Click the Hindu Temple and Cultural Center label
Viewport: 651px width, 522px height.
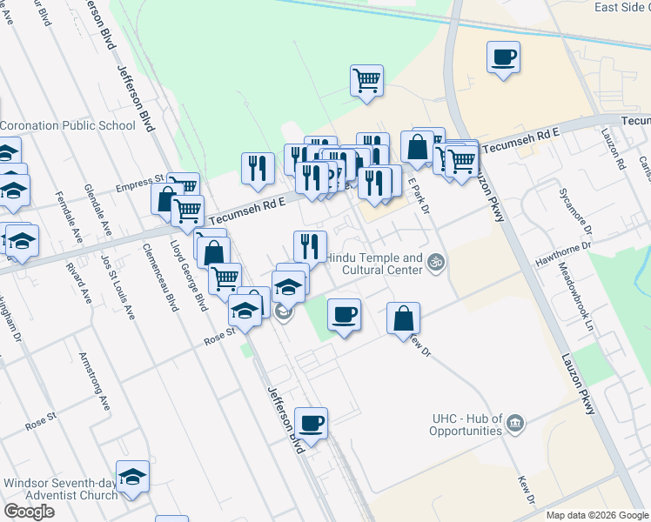pyautogui.click(x=374, y=264)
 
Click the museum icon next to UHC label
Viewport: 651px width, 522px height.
pyautogui.click(x=516, y=423)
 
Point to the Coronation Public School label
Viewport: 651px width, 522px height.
pyautogui.click(x=68, y=125)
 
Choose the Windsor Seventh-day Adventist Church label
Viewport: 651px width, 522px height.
pyautogui.click(x=60, y=489)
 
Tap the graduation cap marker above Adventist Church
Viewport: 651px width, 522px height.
pyautogui.click(x=132, y=477)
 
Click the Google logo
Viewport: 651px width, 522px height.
pyautogui.click(x=29, y=512)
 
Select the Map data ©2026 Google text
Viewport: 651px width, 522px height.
pyautogui.click(x=597, y=515)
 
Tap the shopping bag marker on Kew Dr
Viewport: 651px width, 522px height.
pyautogui.click(x=404, y=318)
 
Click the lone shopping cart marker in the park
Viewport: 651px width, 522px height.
pyautogui.click(x=367, y=81)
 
